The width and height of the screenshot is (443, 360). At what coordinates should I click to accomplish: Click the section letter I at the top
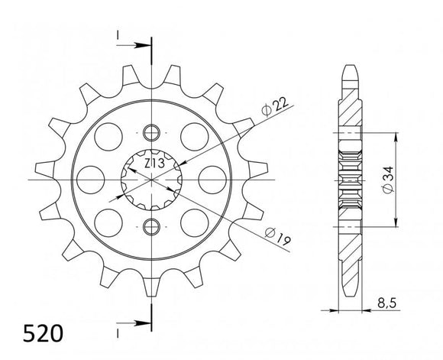(119, 36)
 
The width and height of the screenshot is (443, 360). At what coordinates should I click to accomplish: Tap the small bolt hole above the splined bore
(151, 130)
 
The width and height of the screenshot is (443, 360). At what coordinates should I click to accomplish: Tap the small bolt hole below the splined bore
(151, 226)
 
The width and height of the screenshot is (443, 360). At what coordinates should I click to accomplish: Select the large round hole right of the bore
(208, 178)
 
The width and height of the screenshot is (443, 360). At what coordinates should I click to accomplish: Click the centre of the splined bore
(151, 179)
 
